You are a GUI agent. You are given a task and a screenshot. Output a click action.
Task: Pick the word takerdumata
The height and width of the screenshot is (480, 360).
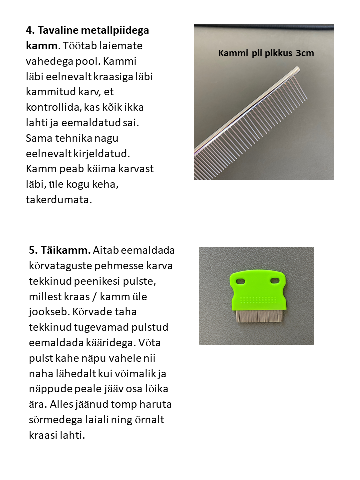coord(59,200)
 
